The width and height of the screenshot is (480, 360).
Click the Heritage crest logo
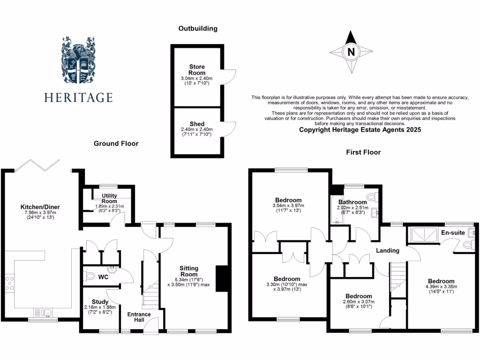[78, 63]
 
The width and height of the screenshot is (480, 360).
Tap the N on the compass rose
[351, 52]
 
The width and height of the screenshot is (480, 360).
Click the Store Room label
[197, 70]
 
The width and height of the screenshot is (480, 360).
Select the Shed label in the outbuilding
[197, 124]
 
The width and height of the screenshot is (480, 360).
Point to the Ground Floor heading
[116, 143]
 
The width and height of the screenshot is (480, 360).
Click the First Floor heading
[363, 152]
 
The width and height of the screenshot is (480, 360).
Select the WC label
[103, 277]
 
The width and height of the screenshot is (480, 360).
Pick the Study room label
[100, 301]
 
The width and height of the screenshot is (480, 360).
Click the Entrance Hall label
[139, 317]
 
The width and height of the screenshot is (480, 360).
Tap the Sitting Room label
[189, 271]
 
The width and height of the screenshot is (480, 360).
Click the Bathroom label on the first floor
[352, 202]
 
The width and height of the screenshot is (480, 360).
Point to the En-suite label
[453, 232]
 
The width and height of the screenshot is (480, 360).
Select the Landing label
[388, 250]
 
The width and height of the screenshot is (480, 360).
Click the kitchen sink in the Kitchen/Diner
[43, 312]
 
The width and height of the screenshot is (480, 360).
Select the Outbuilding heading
[198, 29]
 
